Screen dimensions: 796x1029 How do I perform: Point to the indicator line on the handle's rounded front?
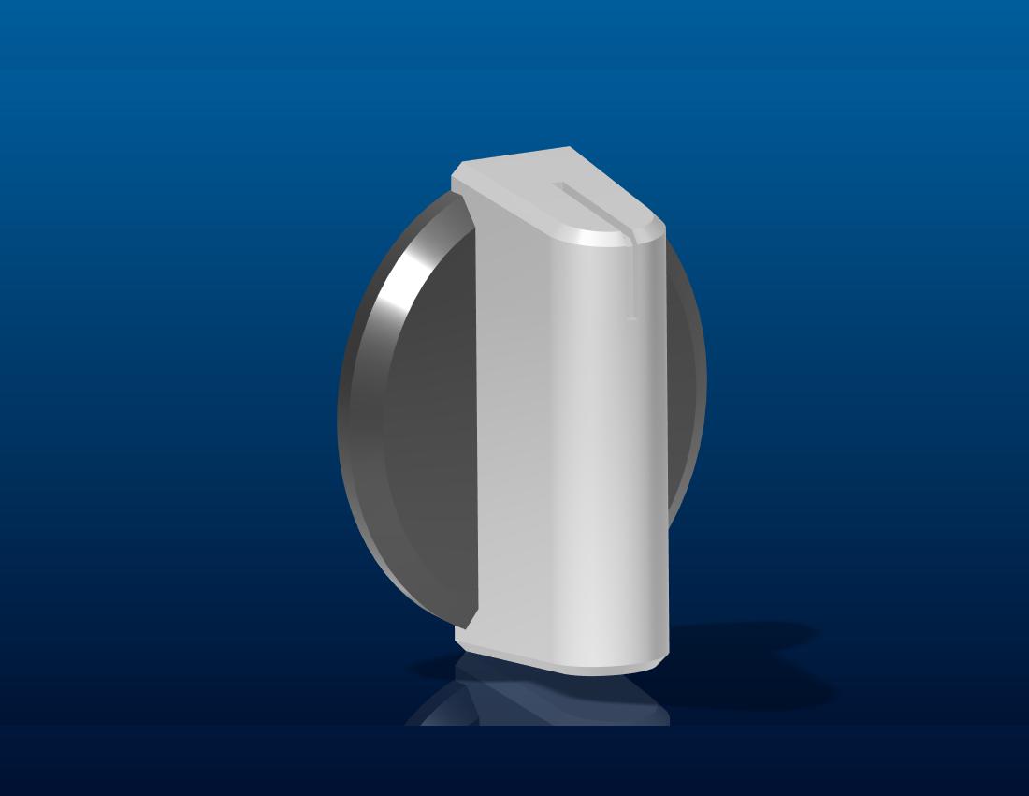pyautogui.click(x=632, y=281)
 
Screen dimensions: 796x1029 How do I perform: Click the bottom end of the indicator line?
pyautogui.click(x=632, y=318)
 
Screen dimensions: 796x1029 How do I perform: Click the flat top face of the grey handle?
pyautogui.click(x=543, y=187)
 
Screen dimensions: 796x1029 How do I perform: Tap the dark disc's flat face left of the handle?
pyautogui.click(x=430, y=421)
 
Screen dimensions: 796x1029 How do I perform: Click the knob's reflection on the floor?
pyautogui.click(x=543, y=698)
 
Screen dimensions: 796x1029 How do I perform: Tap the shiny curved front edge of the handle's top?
pyautogui.click(x=608, y=238)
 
